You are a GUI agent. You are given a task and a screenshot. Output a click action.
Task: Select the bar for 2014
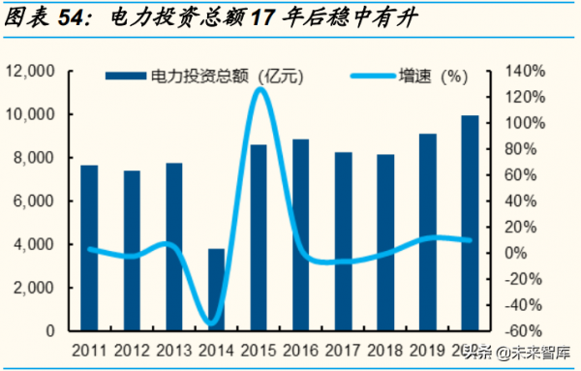(x=217, y=290)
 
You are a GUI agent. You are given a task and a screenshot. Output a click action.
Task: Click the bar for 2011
(x=89, y=248)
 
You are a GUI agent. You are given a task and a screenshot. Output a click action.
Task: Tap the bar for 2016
(x=301, y=235)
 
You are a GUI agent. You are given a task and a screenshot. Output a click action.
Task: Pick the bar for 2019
(x=427, y=232)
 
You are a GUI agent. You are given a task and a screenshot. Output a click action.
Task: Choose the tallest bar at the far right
(x=470, y=223)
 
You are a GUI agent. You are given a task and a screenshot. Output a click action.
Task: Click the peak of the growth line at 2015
(x=259, y=90)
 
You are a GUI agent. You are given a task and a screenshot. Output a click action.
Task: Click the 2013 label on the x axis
(x=173, y=351)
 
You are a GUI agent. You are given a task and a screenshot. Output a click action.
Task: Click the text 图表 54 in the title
(x=41, y=16)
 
